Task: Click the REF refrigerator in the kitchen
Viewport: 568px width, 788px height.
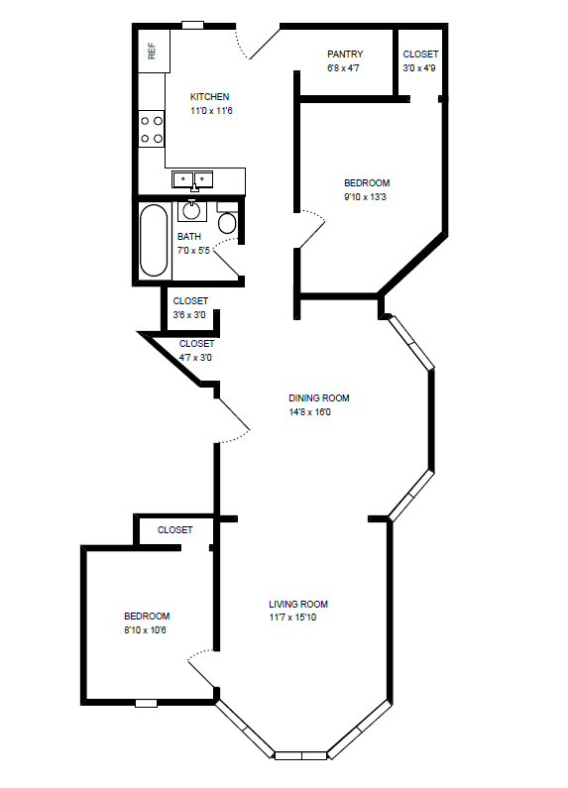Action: (x=153, y=51)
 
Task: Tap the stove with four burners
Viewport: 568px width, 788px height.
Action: (x=152, y=128)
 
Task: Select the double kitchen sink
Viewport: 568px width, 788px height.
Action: (x=193, y=179)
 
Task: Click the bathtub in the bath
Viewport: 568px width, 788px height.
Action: (x=155, y=241)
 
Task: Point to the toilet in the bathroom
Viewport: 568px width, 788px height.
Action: (x=227, y=222)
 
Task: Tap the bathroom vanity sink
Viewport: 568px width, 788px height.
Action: (x=191, y=210)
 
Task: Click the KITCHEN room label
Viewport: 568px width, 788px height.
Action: (x=210, y=97)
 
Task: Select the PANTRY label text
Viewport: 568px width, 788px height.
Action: (x=345, y=55)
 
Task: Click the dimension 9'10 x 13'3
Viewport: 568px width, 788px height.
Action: (x=366, y=196)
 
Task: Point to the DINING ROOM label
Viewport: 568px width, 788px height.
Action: (x=318, y=398)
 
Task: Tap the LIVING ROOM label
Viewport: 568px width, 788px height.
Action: (x=298, y=604)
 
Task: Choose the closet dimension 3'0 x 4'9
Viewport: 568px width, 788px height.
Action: (x=420, y=67)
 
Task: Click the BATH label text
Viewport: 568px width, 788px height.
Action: (x=188, y=237)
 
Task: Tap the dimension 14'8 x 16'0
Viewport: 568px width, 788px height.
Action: (x=309, y=412)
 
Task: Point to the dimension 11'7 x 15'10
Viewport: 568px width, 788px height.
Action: (x=292, y=618)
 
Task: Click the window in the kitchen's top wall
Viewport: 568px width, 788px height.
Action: (x=193, y=25)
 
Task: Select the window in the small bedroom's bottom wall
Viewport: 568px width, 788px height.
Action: (x=147, y=703)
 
